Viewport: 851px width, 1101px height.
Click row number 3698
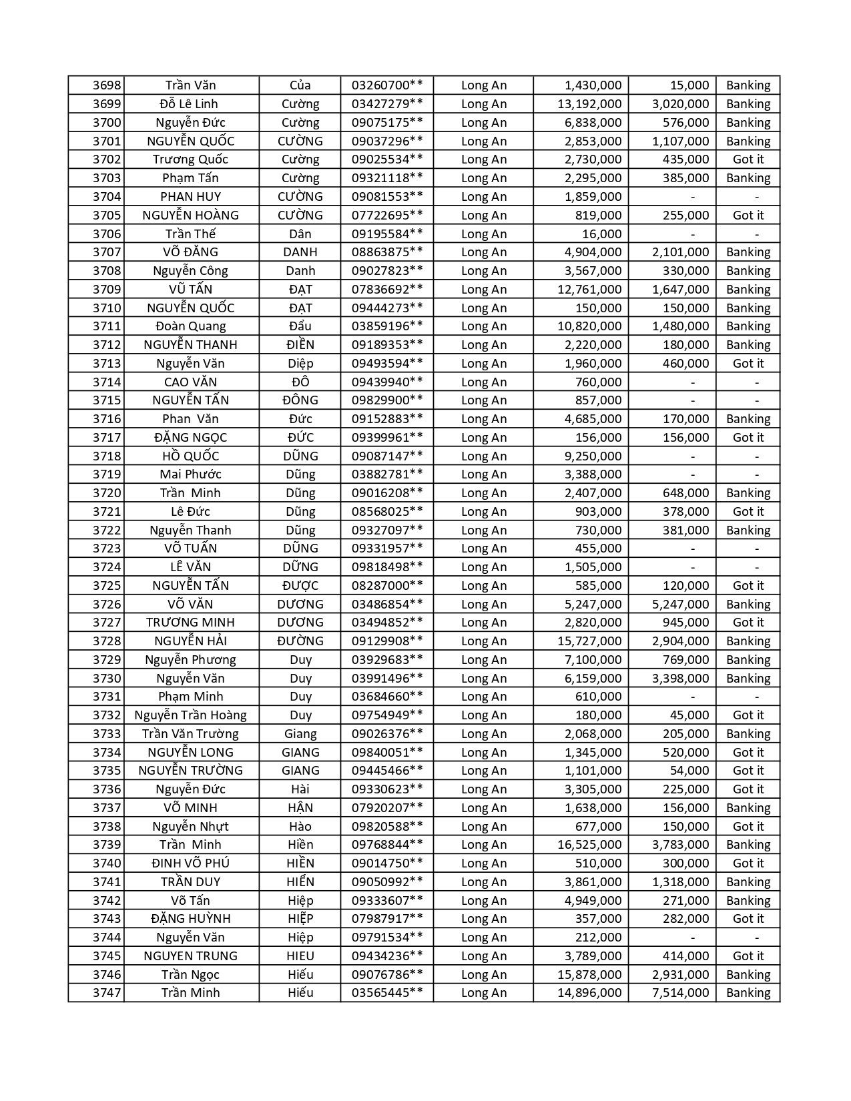coord(107,85)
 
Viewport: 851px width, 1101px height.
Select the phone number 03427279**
coord(387,104)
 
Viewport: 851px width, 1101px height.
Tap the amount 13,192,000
coord(589,104)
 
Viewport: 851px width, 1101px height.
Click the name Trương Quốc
coord(190,159)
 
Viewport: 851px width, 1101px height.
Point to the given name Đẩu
coord(300,326)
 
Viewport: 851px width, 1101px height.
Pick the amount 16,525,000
coord(589,845)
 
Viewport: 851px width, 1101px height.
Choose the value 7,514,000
coord(680,993)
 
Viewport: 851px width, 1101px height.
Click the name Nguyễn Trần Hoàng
coord(190,715)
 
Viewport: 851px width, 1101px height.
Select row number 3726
coord(107,605)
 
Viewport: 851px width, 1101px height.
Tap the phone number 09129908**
coord(387,641)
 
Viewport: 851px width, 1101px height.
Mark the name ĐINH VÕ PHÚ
coord(190,863)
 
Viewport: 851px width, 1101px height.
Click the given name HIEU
coord(300,956)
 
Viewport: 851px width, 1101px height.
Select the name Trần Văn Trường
coord(190,734)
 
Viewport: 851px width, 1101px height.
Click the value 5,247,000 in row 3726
coord(680,605)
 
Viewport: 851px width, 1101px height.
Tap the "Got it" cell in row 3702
coord(748,159)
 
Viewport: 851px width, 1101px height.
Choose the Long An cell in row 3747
coord(484,993)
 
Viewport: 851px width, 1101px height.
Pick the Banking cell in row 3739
coord(748,845)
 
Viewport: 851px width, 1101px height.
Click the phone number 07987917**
coord(387,919)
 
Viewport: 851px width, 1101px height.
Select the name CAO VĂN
coord(190,382)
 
